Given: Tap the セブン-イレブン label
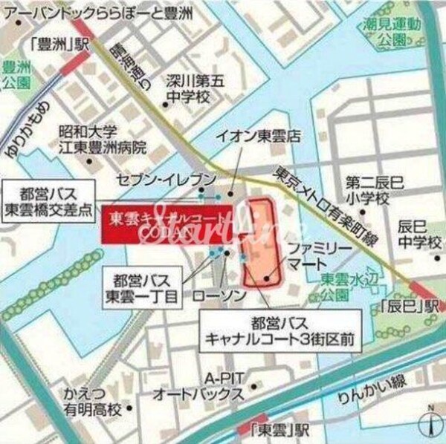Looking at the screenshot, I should (x=167, y=180).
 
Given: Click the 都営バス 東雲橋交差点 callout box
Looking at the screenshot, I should (x=50, y=197).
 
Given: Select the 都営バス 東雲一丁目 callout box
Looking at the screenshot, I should (x=146, y=290).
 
